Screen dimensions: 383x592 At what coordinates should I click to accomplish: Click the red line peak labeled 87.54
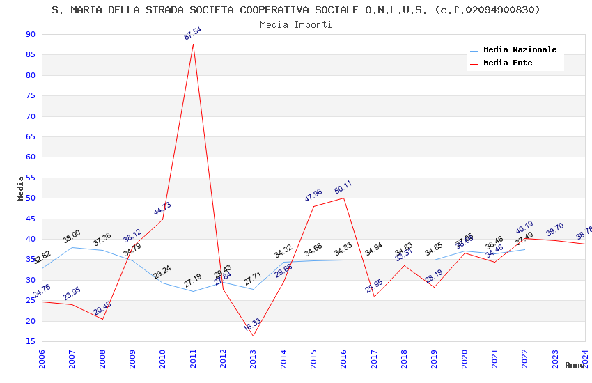[x=193, y=45]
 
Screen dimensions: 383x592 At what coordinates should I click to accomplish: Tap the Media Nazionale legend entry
[x=520, y=50]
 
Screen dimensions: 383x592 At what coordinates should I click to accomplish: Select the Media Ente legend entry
[x=508, y=63]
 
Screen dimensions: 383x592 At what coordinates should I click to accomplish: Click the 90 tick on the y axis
[x=30, y=35]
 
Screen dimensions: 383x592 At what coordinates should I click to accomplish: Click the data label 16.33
[x=252, y=325]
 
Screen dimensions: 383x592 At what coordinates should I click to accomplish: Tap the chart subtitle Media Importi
[x=296, y=24]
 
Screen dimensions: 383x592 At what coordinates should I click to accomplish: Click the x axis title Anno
[x=575, y=365]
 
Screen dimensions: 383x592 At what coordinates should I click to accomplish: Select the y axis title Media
[x=21, y=188]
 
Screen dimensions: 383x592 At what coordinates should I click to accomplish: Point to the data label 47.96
[x=313, y=196]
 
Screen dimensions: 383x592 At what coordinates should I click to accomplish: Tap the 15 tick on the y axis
[x=30, y=341]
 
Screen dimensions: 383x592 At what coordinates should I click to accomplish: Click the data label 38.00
[x=72, y=237]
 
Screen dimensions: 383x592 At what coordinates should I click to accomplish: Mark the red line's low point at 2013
[x=253, y=336]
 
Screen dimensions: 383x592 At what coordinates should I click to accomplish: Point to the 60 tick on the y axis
[x=30, y=157]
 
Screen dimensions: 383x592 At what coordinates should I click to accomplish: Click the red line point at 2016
[x=343, y=198]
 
